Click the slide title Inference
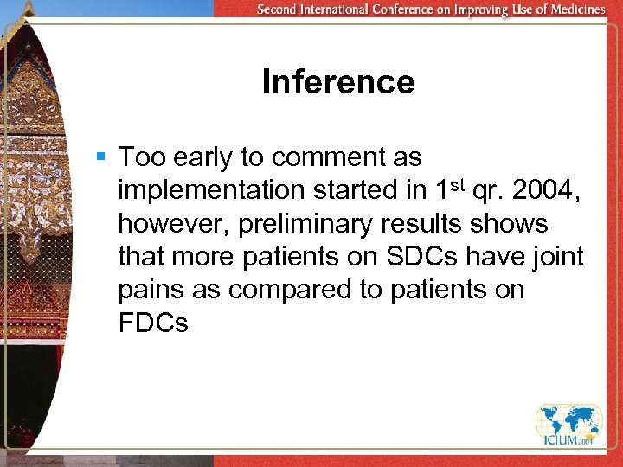(337, 82)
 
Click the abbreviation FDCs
(153, 323)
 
